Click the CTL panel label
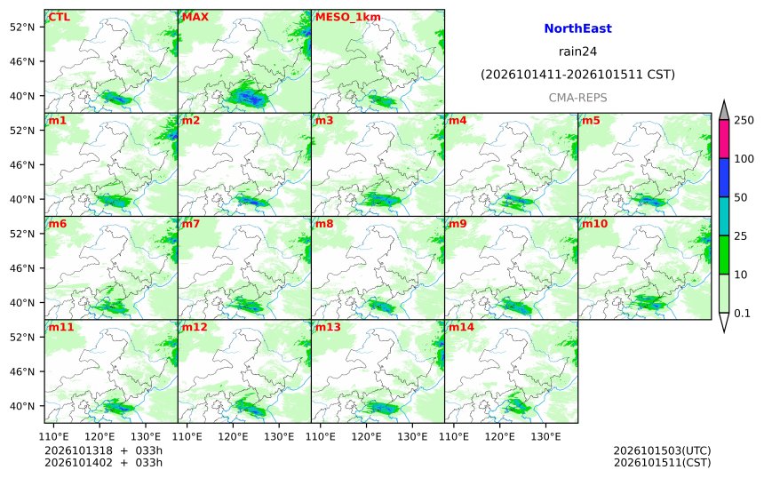click(x=59, y=17)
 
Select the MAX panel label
click(x=195, y=17)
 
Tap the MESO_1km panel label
click(x=348, y=18)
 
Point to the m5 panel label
click(x=591, y=120)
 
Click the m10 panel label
click(x=594, y=224)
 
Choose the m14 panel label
click(x=461, y=327)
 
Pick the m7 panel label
click(x=190, y=224)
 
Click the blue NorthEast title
click(x=577, y=28)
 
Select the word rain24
click(x=577, y=52)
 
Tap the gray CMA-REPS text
click(x=577, y=98)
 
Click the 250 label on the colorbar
click(x=744, y=120)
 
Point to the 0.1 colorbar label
click(x=742, y=314)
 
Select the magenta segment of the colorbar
click(x=724, y=139)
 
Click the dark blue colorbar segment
click(x=724, y=178)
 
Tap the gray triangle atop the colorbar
click(x=724, y=110)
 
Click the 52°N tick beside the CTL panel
click(x=22, y=27)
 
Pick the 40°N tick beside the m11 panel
click(x=22, y=406)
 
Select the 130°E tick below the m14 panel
click(x=545, y=436)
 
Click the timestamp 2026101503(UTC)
click(x=662, y=450)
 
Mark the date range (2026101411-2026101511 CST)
click(x=577, y=75)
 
